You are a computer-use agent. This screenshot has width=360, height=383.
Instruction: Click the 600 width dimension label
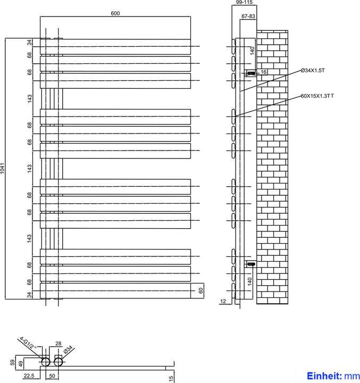tap(115, 13)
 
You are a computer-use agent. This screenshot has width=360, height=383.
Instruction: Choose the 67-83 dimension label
tap(248, 16)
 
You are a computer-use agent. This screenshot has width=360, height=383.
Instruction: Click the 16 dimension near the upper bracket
tap(263, 72)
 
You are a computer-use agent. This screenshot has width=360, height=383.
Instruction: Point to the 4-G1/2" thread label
tap(25, 343)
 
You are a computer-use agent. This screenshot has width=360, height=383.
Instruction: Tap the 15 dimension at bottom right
tap(170, 378)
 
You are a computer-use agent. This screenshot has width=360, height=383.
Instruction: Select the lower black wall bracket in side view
tap(250, 263)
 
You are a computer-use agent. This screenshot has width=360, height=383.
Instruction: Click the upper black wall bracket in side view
tap(250, 72)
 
